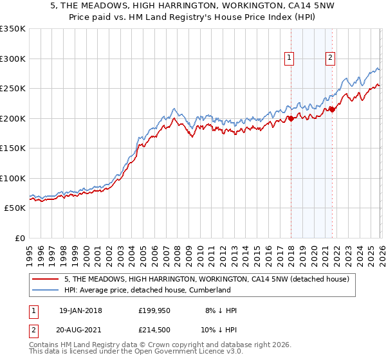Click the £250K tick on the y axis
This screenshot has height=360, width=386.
(13, 89)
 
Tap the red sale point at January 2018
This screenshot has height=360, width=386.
(291, 118)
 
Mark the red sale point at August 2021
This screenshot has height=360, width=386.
(332, 110)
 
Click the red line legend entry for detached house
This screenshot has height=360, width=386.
(206, 279)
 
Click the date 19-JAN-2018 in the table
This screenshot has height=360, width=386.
(80, 310)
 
